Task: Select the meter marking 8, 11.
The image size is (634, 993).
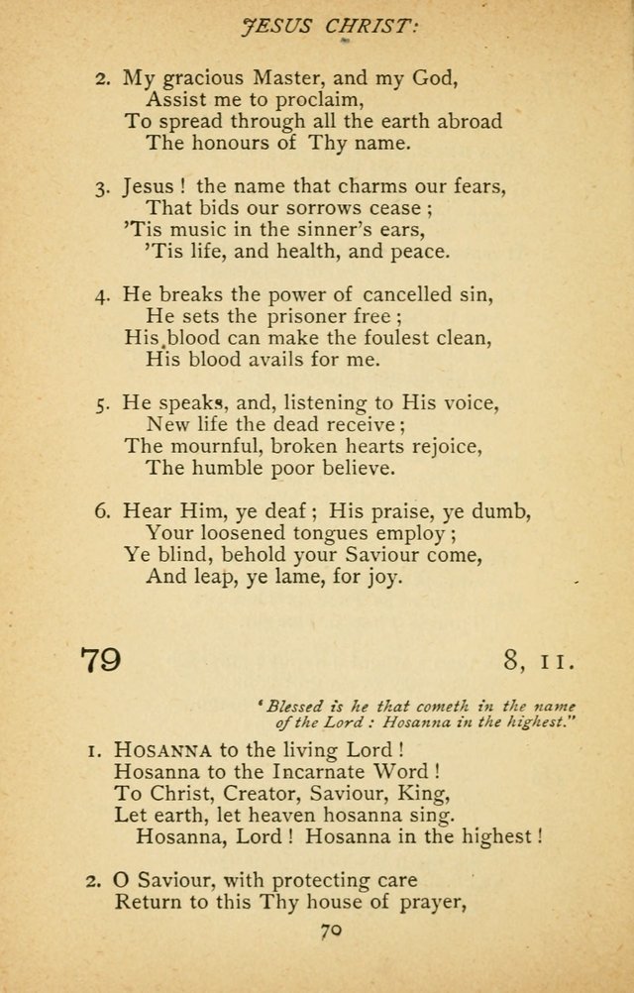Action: click(x=539, y=659)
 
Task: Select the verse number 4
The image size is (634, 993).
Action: click(x=101, y=295)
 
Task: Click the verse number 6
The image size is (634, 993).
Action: click(x=101, y=511)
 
